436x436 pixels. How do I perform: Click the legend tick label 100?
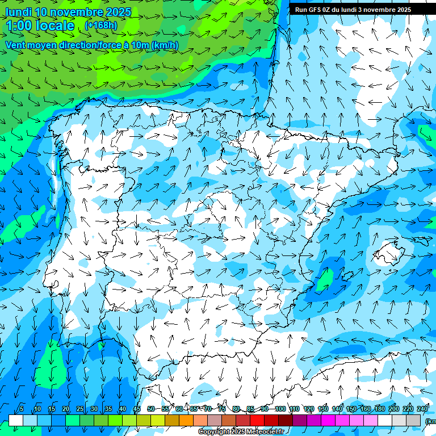click(280, 409)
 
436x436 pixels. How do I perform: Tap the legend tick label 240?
click(422, 409)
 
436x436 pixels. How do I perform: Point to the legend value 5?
click(21, 409)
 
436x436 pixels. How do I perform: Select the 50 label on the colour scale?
click(151, 409)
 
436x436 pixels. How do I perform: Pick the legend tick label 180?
click(379, 409)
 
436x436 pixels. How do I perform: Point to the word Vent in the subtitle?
click(16, 45)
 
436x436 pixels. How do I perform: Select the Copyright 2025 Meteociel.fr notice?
click(241, 432)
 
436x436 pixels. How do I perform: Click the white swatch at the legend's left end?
click(16, 420)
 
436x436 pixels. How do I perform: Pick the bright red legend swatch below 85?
click(257, 420)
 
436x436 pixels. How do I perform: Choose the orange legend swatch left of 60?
click(172, 420)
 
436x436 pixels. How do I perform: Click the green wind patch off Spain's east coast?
click(325, 279)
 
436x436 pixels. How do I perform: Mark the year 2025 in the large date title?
click(119, 12)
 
